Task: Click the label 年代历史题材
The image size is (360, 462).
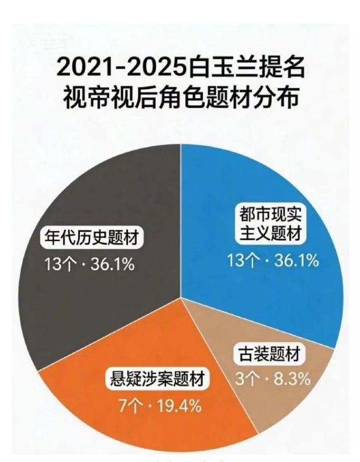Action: [x=92, y=237]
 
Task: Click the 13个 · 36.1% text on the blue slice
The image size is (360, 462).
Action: [x=273, y=260]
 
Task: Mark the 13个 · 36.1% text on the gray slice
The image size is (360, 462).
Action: [x=88, y=265]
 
